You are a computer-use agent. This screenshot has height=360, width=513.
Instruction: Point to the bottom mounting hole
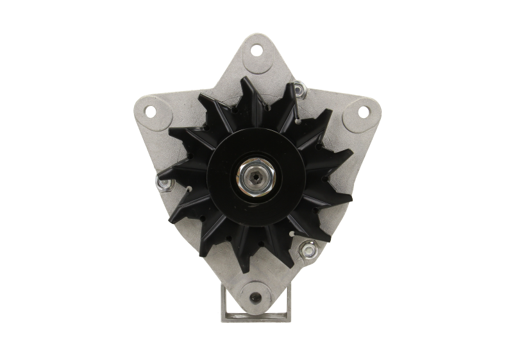click(x=256, y=297)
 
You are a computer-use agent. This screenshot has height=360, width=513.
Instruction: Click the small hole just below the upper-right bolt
click(x=299, y=119)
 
